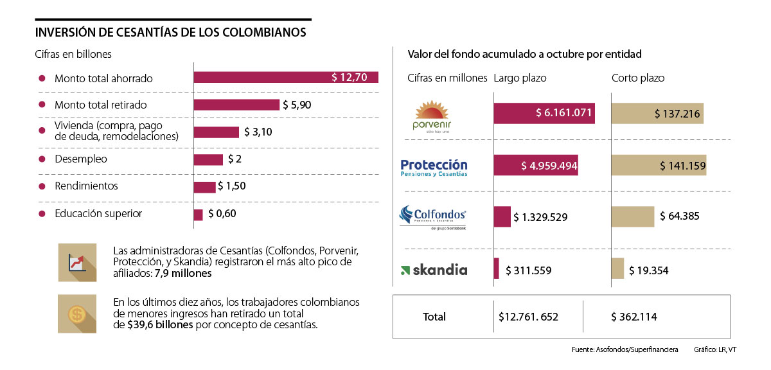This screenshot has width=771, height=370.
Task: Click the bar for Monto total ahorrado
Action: pos(286,78)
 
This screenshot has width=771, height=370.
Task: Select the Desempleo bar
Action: pos(208,159)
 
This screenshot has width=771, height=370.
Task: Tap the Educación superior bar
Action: pos(199,215)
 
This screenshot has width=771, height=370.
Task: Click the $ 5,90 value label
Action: pos(296,105)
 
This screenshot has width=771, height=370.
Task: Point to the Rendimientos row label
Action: pos(86,186)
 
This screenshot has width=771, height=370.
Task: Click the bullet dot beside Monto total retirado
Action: pos(42,105)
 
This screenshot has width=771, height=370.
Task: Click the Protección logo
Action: pos(434,167)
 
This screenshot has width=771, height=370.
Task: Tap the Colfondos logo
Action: pos(432,216)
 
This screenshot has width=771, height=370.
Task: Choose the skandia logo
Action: pos(434,270)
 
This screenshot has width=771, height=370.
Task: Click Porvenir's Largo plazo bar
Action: pos(544,114)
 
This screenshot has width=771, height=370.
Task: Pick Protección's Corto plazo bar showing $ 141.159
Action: pos(659,166)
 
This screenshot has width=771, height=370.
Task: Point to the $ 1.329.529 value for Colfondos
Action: pos(540,217)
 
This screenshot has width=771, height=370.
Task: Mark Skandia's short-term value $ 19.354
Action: pos(649,270)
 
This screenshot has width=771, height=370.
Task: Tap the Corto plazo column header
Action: pos(637,78)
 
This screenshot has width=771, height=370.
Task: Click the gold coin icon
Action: pos(77,314)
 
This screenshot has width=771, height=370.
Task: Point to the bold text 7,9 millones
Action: pos(183,274)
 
